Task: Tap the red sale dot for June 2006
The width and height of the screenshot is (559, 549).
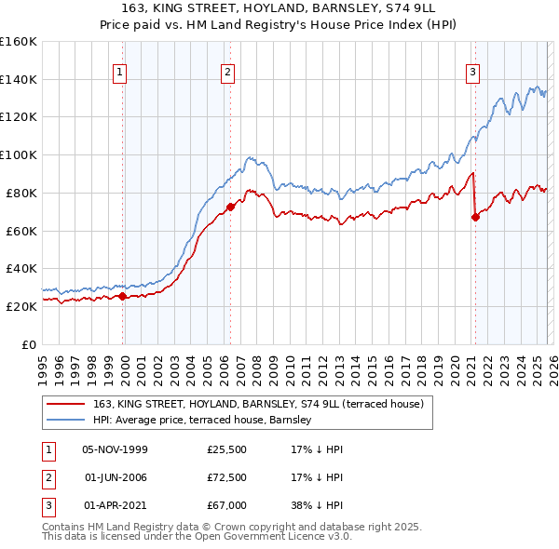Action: (230, 207)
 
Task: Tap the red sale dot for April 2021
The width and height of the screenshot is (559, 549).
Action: (475, 217)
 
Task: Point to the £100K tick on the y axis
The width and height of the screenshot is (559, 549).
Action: (20, 154)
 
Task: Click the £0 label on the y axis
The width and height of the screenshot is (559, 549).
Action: (29, 344)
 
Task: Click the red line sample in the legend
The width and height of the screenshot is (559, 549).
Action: (65, 404)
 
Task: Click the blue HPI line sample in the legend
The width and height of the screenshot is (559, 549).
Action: (65, 420)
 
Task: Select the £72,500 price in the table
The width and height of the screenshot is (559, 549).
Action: (226, 477)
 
